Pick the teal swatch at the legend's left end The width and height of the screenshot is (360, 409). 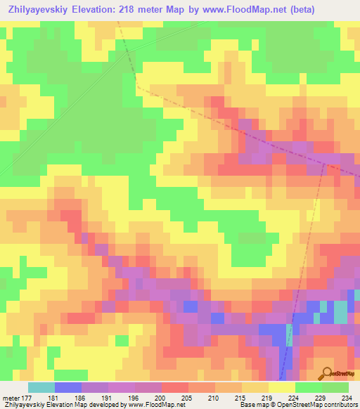pyautogui.click(x=41, y=387)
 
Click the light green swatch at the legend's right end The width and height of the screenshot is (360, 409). pyautogui.click(x=335, y=387)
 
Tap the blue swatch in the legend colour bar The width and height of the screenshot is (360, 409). pyautogui.click(x=68, y=387)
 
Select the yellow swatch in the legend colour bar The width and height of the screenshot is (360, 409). pyautogui.click(x=282, y=387)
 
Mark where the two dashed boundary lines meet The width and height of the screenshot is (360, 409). pyautogui.click(x=327, y=166)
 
